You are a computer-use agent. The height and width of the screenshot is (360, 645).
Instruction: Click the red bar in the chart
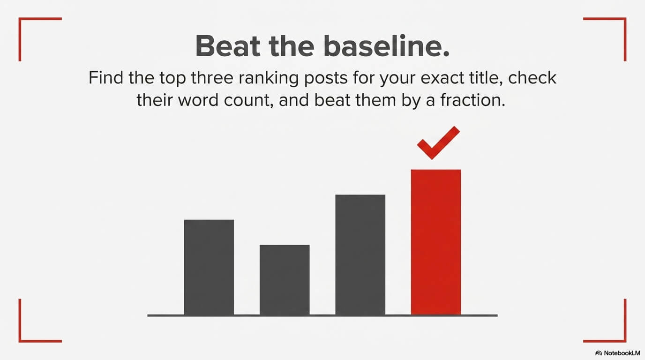click(x=436, y=241)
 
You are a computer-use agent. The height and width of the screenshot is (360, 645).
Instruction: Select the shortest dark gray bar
click(x=285, y=279)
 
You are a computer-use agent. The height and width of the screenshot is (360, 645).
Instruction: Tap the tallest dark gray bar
click(x=360, y=255)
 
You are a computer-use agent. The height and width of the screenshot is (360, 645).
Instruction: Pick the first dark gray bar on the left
click(x=209, y=267)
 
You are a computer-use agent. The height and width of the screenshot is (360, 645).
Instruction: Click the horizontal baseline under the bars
click(x=322, y=315)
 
